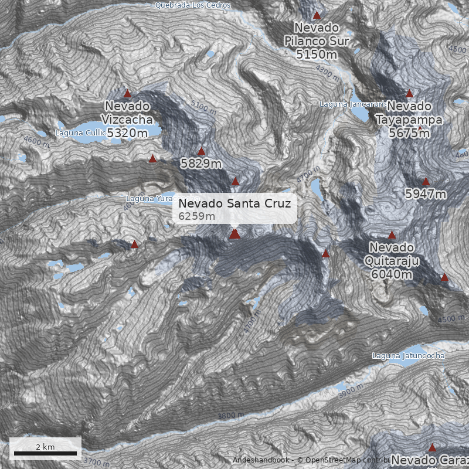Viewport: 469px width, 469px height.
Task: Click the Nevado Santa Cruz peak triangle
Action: (x=235, y=234)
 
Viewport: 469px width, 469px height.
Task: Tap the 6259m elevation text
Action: (x=197, y=216)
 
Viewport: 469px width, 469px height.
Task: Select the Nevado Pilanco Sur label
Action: (x=317, y=34)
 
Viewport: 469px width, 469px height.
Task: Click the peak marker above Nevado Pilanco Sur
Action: (x=317, y=15)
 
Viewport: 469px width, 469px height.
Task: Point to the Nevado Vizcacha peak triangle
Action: (x=127, y=93)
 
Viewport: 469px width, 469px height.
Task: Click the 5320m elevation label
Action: (x=127, y=134)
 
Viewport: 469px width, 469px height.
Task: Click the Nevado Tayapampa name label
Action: (x=409, y=113)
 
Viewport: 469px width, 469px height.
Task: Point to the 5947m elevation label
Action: (x=426, y=194)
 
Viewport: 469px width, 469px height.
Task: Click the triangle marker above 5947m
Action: (x=426, y=182)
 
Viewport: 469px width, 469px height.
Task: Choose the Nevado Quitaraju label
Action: (x=392, y=254)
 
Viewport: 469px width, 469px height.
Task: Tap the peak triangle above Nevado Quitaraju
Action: (x=392, y=235)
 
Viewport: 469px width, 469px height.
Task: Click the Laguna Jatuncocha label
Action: (x=409, y=356)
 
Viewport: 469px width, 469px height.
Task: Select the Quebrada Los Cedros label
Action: (x=193, y=5)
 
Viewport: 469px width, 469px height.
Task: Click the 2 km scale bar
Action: (x=45, y=453)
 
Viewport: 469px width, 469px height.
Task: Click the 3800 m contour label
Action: (x=230, y=416)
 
